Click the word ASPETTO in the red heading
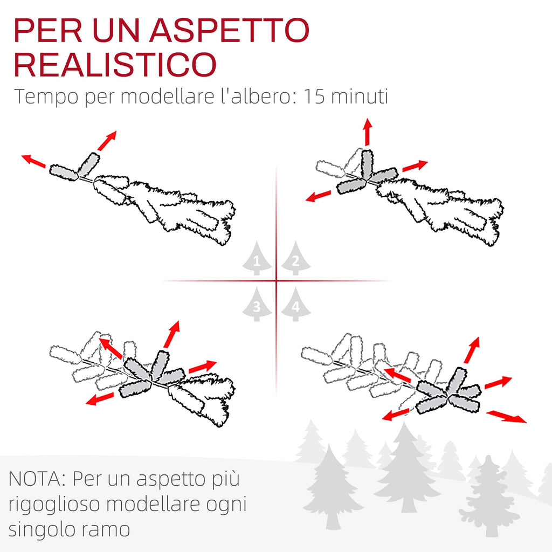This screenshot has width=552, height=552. (230, 30)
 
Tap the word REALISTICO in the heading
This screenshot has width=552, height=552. (115, 65)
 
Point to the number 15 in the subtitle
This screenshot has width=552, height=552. (314, 96)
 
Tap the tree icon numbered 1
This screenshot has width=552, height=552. (257, 258)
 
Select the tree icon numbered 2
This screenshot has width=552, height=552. (296, 258)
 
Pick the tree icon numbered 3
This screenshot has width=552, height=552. (257, 304)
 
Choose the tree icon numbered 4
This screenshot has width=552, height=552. (296, 304)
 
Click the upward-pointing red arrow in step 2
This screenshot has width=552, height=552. (368, 132)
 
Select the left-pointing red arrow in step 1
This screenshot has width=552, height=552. (33, 161)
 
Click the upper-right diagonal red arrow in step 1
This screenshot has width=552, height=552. (107, 141)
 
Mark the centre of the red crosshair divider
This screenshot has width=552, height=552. (277, 280)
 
